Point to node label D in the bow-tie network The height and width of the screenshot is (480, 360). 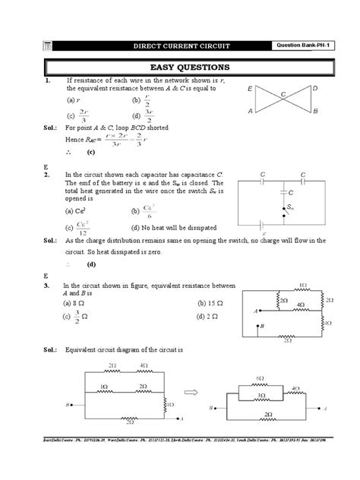314,89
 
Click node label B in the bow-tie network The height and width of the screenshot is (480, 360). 314,112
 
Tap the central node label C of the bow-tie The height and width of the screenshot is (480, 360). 283,94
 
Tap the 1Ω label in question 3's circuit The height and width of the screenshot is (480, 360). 303,284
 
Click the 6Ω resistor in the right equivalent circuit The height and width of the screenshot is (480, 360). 260,378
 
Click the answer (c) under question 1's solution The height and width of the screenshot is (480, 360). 90,152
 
